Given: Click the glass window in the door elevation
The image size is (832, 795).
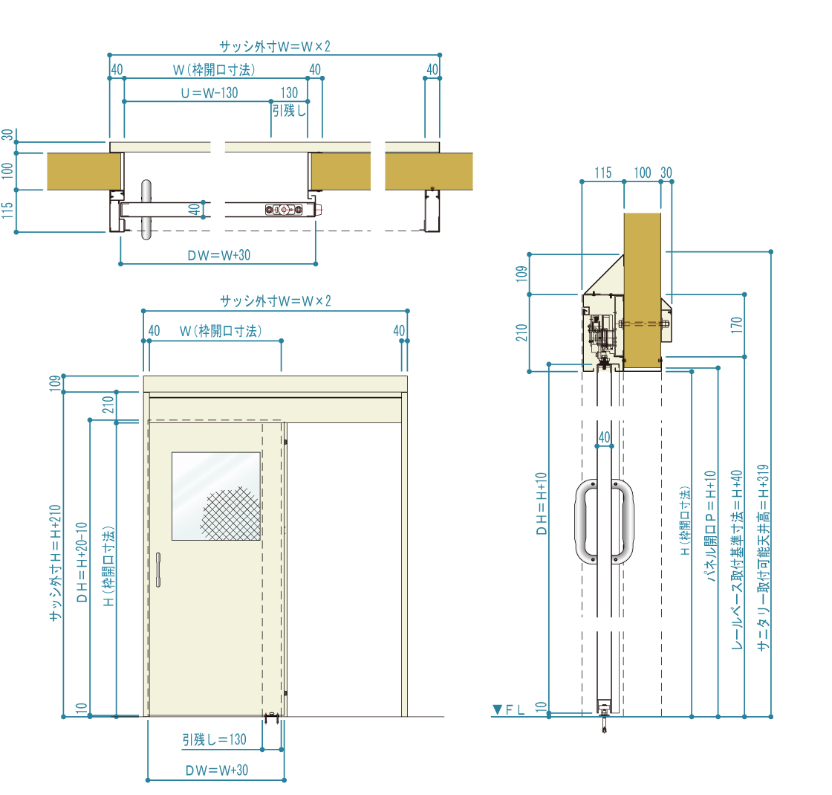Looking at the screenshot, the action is [x=216, y=496].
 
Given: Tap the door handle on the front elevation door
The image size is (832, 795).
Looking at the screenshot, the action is [x=158, y=570].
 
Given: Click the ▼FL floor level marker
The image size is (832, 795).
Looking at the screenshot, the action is [x=508, y=709].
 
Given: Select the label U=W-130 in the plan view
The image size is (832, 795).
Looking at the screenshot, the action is [x=209, y=93].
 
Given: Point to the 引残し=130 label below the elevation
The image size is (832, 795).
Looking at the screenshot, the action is [x=215, y=739].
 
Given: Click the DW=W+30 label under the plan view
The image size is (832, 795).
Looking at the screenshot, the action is [x=218, y=255].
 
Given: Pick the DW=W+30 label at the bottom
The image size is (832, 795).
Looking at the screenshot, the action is [x=216, y=770].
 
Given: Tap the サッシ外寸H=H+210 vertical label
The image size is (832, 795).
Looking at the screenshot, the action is [x=55, y=563].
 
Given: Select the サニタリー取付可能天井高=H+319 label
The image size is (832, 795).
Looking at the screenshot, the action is [x=763, y=559].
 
